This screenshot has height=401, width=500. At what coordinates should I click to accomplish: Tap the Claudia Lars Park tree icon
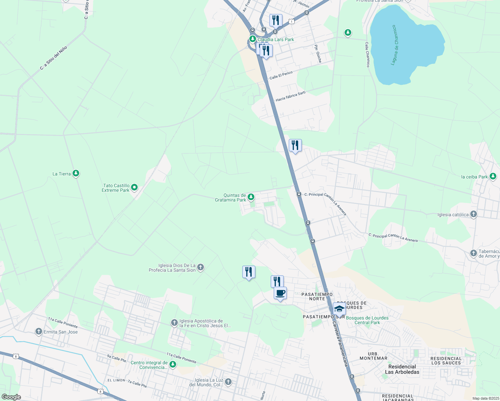253,39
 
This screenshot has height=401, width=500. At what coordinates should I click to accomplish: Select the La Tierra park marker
76,173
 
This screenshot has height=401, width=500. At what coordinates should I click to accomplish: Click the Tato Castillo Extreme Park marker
134,187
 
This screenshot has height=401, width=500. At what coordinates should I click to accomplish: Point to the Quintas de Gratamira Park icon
251,196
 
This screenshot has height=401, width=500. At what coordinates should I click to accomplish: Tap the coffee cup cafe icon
280,293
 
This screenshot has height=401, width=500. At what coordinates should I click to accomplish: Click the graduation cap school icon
339,309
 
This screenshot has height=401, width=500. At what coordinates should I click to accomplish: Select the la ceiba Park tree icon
493,176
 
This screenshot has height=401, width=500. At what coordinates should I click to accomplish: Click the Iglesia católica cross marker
473,214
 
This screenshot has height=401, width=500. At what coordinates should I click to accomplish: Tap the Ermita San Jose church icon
39,331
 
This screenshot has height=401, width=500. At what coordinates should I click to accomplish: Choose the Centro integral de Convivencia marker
173,364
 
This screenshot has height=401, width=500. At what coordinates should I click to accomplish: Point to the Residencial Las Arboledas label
402,369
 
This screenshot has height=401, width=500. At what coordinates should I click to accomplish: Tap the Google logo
11,397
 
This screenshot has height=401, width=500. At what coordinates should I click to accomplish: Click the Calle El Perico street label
281,75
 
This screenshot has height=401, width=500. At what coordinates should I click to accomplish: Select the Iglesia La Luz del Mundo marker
228,382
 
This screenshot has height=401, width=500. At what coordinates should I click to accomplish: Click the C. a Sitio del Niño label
53,58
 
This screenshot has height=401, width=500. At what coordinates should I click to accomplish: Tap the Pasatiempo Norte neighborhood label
317,296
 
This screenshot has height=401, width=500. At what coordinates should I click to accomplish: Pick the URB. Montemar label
373,356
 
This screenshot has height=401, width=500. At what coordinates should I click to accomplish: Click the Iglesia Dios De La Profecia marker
201,267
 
